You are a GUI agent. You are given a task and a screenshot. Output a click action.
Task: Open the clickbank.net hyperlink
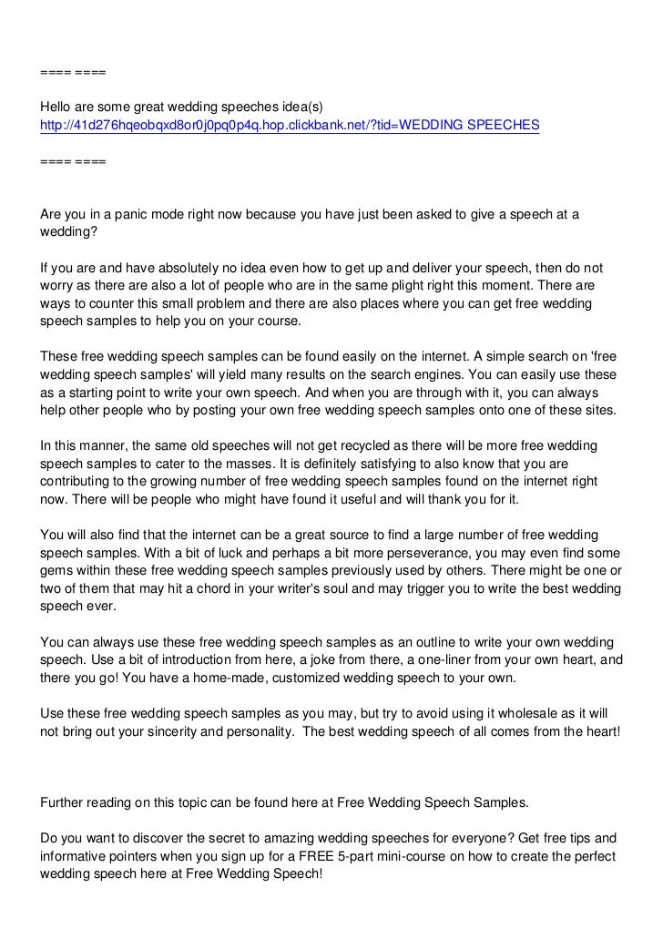(291, 124)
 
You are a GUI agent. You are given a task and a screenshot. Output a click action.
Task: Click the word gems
(57, 570)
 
